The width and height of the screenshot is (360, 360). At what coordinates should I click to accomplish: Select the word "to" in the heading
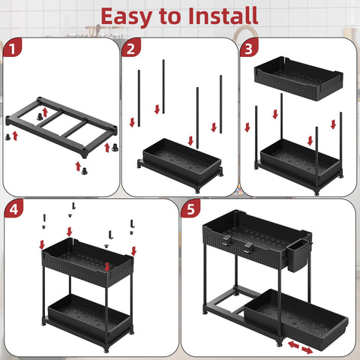point(169,16)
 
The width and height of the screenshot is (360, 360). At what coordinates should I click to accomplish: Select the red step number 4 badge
point(12,211)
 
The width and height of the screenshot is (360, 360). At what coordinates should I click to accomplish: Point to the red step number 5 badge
point(193,211)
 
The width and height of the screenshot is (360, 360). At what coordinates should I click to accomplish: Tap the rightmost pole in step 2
point(220,101)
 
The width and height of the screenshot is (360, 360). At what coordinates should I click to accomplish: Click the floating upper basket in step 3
point(298,78)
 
